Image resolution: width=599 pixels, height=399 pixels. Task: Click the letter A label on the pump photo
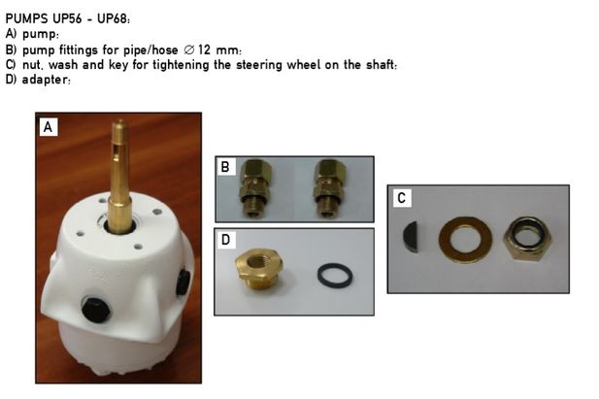[49, 127]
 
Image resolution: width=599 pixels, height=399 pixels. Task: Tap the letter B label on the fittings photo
[225, 167]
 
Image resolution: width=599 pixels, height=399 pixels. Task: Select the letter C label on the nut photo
[402, 198]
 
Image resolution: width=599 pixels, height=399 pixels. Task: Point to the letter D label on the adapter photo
[226, 240]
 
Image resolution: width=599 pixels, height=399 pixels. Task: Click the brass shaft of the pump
[119, 177]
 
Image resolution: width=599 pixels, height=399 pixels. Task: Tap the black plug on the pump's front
[95, 308]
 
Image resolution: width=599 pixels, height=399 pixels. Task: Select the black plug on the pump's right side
[183, 283]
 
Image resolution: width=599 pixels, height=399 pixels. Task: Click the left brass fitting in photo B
[253, 187]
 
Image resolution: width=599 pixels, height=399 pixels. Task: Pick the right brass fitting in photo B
[329, 187]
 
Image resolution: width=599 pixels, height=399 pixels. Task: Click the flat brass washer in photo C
[465, 240]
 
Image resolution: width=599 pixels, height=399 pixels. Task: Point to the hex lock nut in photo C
[527, 239]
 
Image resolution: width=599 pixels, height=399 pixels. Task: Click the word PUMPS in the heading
[27, 18]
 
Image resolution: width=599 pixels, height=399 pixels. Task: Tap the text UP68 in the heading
[113, 18]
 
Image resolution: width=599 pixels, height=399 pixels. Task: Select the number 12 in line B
[205, 50]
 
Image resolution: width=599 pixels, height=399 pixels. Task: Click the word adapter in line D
[45, 80]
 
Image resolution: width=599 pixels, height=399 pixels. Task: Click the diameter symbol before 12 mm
[188, 50]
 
